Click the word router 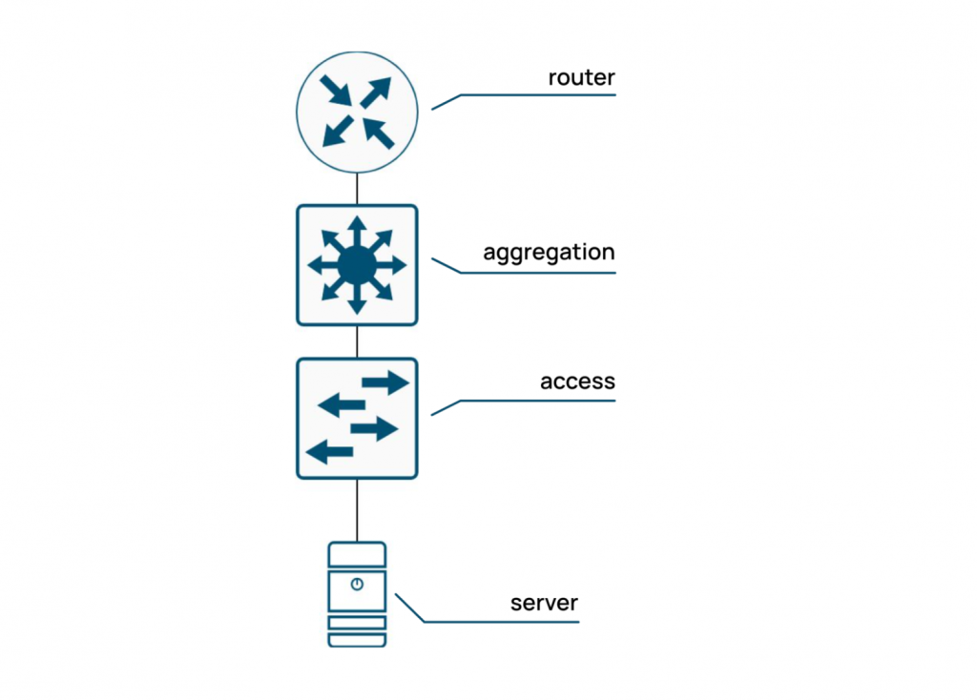(x=581, y=77)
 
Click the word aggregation (x=549, y=254)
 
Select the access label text (x=577, y=382)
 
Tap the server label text (x=544, y=604)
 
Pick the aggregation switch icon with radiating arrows (x=357, y=265)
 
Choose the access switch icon (x=357, y=418)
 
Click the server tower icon (x=357, y=594)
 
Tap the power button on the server (x=357, y=585)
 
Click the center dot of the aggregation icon (x=357, y=265)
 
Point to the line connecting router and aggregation (x=357, y=190)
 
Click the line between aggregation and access (x=357, y=341)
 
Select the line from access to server (x=357, y=509)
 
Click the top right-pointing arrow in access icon (x=385, y=383)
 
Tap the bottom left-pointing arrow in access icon (x=329, y=452)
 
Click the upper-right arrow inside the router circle (x=375, y=93)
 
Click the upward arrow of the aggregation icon (x=357, y=229)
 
